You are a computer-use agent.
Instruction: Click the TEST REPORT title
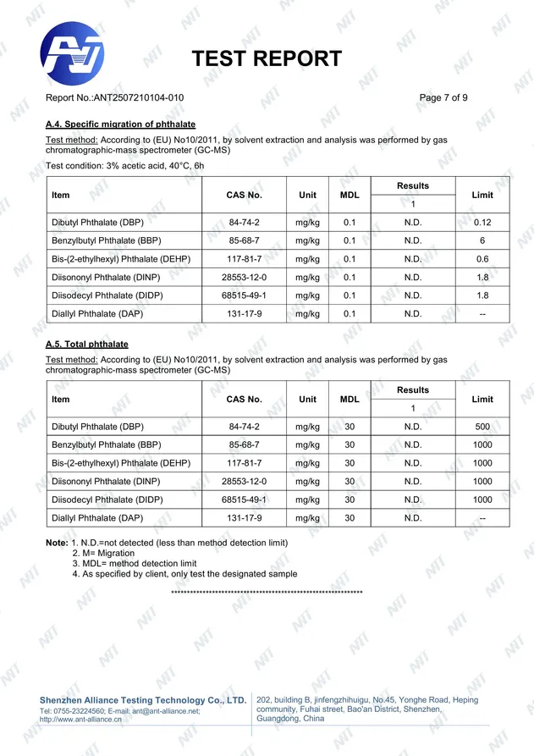267,58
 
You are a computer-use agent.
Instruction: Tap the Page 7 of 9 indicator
443,98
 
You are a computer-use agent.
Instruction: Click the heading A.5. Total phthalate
86,345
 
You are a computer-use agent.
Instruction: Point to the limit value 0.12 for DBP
482,223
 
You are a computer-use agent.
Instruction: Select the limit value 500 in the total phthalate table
482,427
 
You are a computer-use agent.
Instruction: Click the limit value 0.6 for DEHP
482,259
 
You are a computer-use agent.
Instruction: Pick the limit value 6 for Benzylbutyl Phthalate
482,240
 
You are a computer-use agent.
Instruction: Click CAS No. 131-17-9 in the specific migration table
244,314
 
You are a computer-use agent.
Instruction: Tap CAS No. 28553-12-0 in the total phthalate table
244,481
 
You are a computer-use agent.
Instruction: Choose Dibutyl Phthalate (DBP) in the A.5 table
97,427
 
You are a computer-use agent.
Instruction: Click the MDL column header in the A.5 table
350,400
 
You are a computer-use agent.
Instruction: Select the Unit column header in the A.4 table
308,196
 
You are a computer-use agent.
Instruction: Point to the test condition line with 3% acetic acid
124,166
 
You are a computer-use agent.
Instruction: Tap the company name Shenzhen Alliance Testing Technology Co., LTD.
143,700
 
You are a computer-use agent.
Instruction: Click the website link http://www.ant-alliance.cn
81,720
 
